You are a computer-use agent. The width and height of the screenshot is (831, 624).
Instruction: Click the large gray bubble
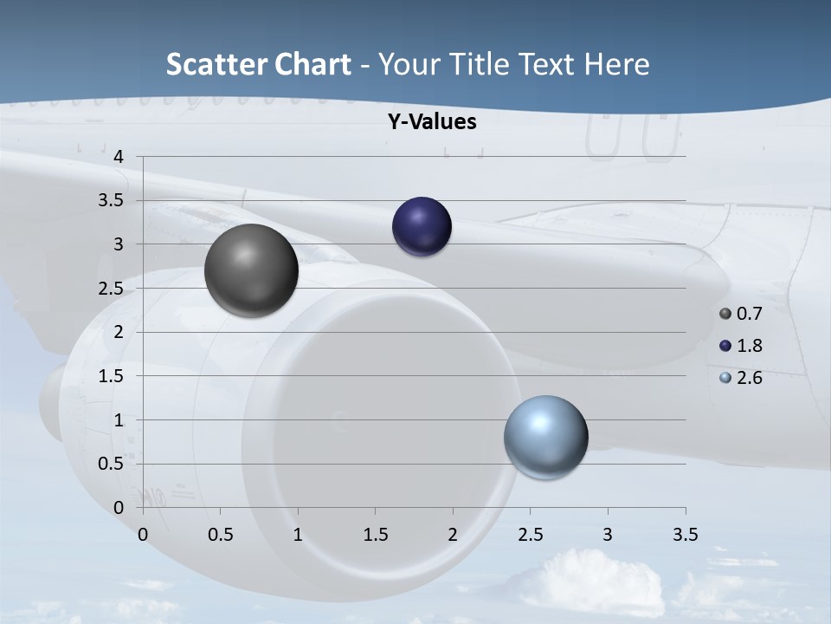251,270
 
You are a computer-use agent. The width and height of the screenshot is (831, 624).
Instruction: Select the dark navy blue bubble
422,227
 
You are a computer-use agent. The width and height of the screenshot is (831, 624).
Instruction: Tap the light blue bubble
545,438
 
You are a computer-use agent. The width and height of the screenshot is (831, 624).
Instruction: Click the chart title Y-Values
432,122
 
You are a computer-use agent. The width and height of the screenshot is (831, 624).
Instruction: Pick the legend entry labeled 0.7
741,314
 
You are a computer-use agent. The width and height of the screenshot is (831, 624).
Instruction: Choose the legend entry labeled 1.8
741,346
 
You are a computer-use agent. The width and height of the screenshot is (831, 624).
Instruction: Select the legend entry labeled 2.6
741,378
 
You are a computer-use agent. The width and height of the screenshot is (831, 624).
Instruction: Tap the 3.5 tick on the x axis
685,535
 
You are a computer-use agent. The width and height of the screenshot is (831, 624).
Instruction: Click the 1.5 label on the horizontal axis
375,535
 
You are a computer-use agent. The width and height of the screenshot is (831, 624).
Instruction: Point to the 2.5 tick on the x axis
530,535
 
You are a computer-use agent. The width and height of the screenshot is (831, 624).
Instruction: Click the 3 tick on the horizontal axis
608,535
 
